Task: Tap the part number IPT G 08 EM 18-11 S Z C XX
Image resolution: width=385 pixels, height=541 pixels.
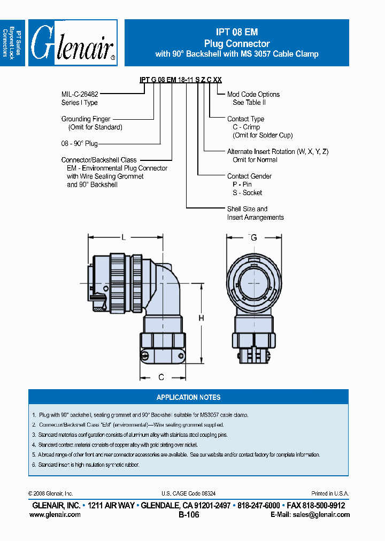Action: click(x=180, y=80)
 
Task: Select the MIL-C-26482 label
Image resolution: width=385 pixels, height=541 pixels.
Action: click(x=80, y=94)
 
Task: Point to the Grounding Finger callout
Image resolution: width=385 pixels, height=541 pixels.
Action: click(x=86, y=119)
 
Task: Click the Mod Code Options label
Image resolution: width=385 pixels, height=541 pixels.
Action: click(x=253, y=94)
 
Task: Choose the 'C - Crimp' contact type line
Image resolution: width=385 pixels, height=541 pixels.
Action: click(x=246, y=127)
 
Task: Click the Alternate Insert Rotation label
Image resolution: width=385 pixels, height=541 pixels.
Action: click(x=278, y=152)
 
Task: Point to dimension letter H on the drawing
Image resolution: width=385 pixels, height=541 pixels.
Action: click(x=202, y=319)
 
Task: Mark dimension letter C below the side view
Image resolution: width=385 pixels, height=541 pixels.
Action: click(x=161, y=377)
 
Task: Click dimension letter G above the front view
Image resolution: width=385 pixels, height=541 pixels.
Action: click(x=253, y=237)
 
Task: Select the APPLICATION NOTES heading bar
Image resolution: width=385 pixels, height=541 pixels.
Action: click(x=188, y=397)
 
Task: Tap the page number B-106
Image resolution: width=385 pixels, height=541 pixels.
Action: click(x=188, y=515)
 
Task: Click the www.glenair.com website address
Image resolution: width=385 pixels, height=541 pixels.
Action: click(x=55, y=514)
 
